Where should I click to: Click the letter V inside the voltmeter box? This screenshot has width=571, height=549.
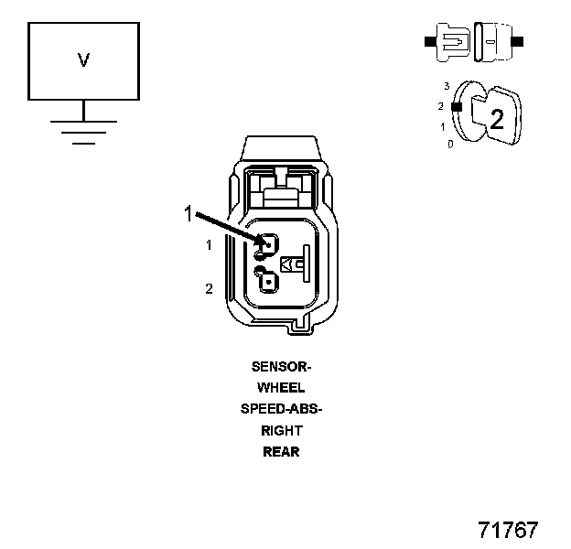(83, 60)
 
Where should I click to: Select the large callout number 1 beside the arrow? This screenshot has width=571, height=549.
(189, 214)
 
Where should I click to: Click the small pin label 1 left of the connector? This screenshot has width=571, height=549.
(209, 245)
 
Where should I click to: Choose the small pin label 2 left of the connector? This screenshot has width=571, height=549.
(209, 289)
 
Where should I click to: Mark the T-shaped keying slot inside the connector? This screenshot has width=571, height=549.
(297, 264)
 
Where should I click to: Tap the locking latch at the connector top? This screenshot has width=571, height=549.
(281, 188)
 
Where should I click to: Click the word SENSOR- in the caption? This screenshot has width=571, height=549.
(281, 366)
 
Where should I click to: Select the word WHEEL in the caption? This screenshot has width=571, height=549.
(281, 388)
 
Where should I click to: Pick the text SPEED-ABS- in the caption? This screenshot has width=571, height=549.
(281, 409)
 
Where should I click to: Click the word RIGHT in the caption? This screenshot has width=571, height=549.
(281, 430)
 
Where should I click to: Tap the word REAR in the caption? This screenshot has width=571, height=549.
(281, 451)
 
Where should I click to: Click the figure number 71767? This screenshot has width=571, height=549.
(508, 530)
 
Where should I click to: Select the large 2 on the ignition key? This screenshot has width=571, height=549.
(497, 119)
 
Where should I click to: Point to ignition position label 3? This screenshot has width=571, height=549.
(447, 85)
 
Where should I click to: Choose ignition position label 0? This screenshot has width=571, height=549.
(449, 144)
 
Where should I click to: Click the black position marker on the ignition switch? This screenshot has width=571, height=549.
(455, 107)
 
